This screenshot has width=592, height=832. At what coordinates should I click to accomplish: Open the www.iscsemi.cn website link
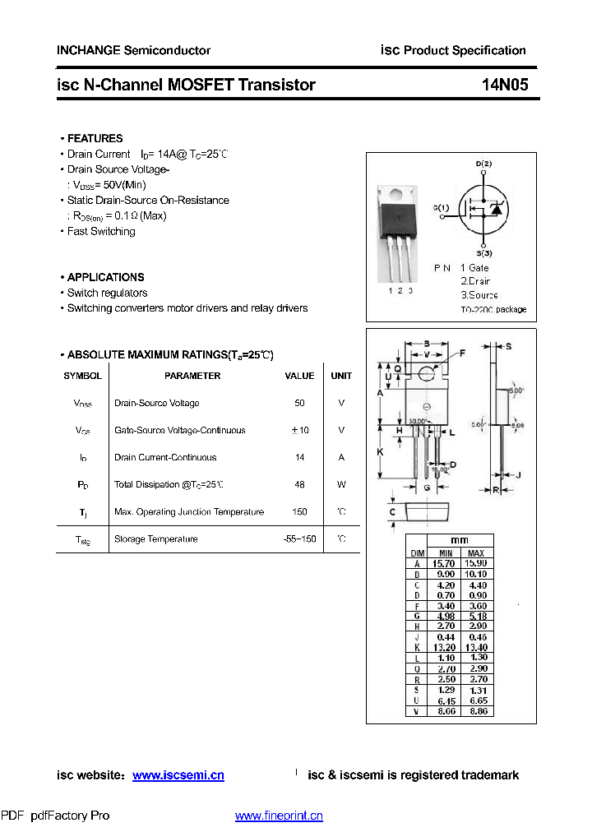pyautogui.click(x=178, y=775)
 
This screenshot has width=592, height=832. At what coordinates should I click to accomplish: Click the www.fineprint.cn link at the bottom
pyautogui.click(x=279, y=816)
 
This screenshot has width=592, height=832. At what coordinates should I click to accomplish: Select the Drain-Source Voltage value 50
pyautogui.click(x=299, y=403)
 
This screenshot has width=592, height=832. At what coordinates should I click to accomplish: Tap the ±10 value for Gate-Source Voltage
pyautogui.click(x=299, y=430)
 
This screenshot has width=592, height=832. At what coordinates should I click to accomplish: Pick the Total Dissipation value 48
pyautogui.click(x=299, y=485)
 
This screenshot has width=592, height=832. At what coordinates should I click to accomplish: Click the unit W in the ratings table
pyautogui.click(x=341, y=485)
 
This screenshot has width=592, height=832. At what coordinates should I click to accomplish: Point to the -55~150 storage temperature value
pyautogui.click(x=299, y=539)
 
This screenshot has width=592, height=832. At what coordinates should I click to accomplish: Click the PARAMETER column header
pyautogui.click(x=192, y=376)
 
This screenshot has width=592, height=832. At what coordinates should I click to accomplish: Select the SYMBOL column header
pyautogui.click(x=83, y=376)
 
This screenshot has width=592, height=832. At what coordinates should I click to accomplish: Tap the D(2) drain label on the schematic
pyautogui.click(x=483, y=164)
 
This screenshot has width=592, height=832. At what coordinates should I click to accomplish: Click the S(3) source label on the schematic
pyautogui.click(x=483, y=253)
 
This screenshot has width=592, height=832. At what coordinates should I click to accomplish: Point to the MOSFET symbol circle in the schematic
pyautogui.click(x=483, y=209)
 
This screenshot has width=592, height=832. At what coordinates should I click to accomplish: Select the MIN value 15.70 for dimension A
pyautogui.click(x=446, y=564)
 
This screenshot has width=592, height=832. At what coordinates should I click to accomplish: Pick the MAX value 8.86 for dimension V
pyautogui.click(x=476, y=711)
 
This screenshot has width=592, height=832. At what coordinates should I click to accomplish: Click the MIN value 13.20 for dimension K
pyautogui.click(x=446, y=648)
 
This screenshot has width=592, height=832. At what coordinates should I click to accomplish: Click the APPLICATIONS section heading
pyautogui.click(x=105, y=277)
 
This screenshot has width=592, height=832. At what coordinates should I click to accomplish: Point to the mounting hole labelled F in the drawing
pyautogui.click(x=427, y=374)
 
